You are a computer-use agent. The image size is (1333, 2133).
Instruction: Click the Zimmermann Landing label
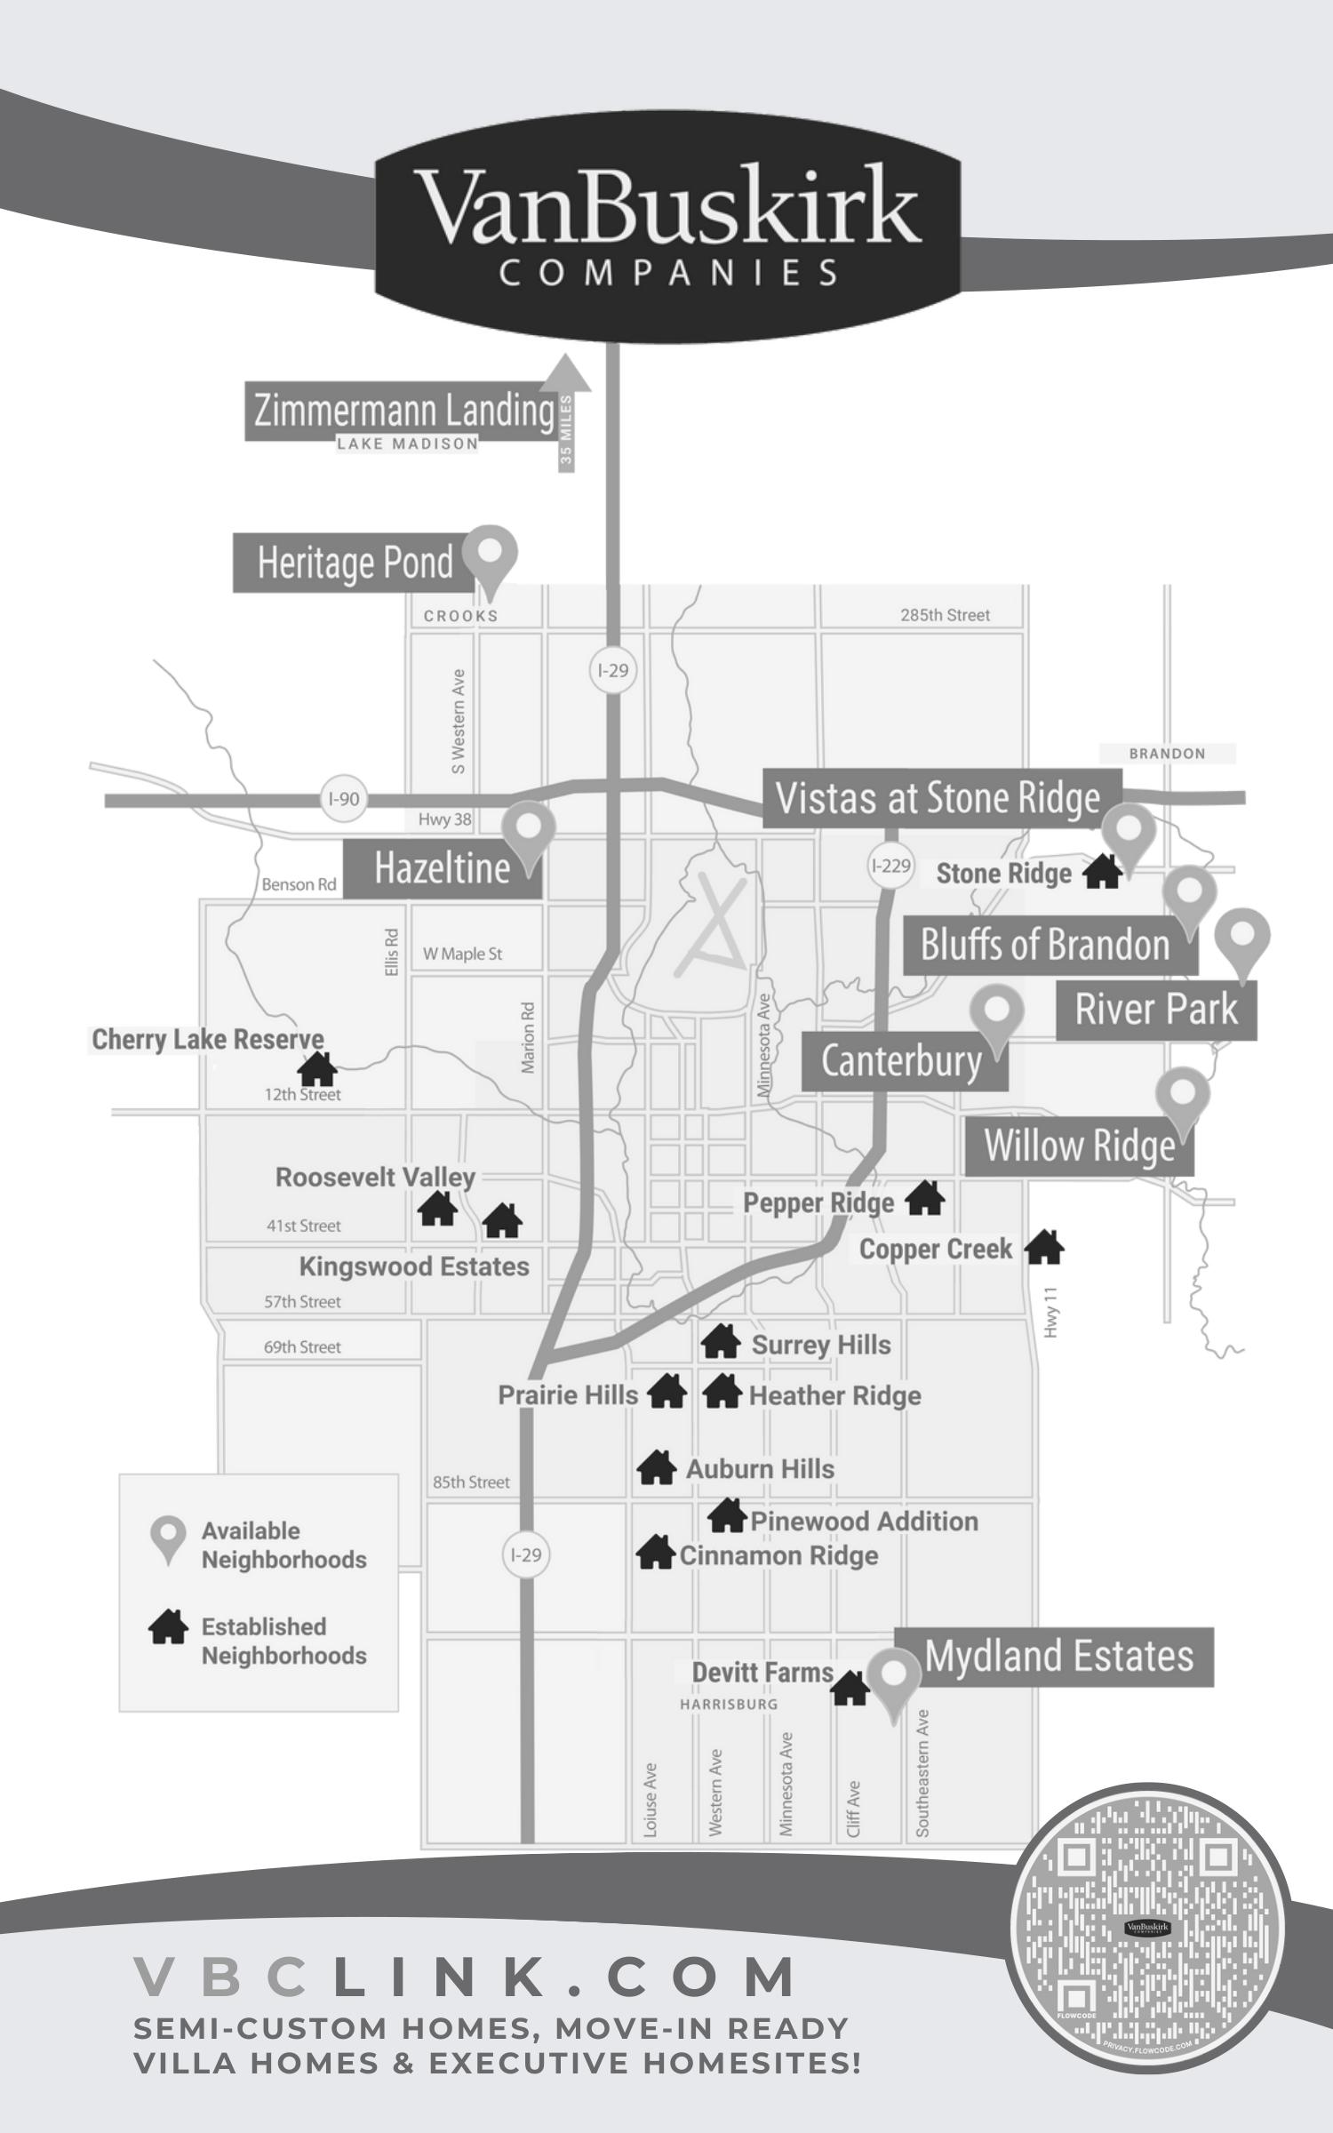404,411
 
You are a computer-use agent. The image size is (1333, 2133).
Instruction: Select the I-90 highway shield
344,799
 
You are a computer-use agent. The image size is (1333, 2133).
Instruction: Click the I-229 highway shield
890,866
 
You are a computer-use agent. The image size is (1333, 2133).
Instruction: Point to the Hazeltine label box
442,868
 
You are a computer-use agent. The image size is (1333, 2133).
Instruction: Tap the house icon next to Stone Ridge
1102,872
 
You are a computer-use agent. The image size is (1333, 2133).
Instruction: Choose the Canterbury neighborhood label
901,1061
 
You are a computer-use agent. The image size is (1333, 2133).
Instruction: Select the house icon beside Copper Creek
1044,1248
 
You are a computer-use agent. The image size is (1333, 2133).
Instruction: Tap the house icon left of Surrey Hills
721,1342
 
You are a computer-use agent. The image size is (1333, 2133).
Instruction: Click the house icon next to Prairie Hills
667,1392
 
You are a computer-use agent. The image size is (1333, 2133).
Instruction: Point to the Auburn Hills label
760,1469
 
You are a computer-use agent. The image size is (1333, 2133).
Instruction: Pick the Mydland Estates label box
1058,1657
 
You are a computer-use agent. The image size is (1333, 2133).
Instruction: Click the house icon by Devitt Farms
850,1688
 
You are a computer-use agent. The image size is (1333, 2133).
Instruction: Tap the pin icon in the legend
168,1538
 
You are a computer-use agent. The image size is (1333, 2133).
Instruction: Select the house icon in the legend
168,1627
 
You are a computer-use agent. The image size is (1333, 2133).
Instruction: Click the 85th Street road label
471,1482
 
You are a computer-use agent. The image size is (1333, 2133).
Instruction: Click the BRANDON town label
1167,754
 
